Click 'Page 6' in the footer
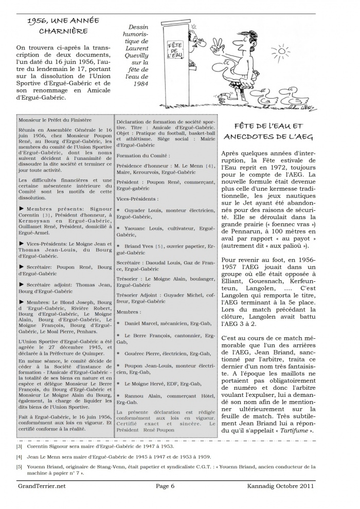pyautogui.click(x=166, y=485)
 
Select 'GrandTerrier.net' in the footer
pyautogui.click(x=41, y=485)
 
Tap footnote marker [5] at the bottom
pyautogui.click(x=19, y=467)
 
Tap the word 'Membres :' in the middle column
pyautogui.click(x=129, y=312)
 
